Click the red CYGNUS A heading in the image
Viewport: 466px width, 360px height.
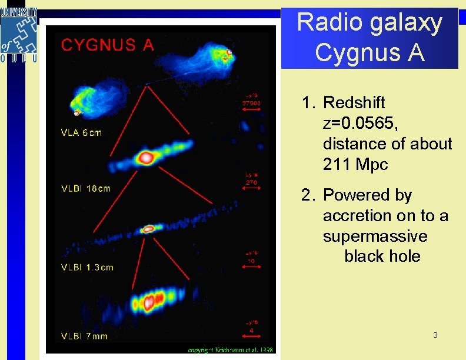click(x=108, y=45)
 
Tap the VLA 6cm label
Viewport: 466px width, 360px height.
click(x=82, y=132)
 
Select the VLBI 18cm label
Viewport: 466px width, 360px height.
click(x=86, y=188)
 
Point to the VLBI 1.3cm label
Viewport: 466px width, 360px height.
click(x=88, y=267)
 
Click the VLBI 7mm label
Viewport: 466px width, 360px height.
click(x=85, y=336)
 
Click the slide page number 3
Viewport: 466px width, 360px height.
click(x=435, y=335)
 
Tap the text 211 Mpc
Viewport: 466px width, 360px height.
click(x=355, y=165)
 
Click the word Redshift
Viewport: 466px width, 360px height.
click(x=354, y=102)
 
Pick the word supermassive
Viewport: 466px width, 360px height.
click(x=375, y=236)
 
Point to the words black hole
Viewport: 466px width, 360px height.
click(x=382, y=256)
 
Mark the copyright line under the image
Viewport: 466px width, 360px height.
click(x=231, y=350)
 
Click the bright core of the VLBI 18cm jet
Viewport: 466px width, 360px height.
click(x=145, y=157)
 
